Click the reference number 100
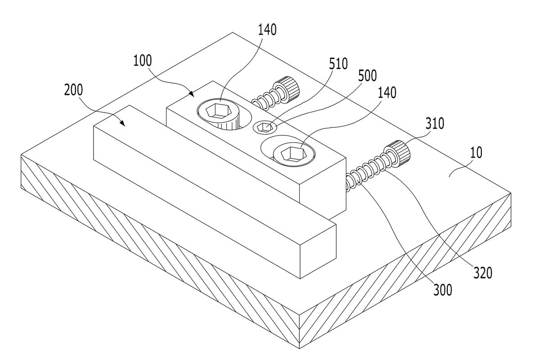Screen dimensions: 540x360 pyautogui.click(x=143, y=61)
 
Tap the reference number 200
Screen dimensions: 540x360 pyautogui.click(x=73, y=90)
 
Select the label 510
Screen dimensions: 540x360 pyautogui.click(x=338, y=64)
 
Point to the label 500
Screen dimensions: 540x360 pyautogui.click(x=367, y=76)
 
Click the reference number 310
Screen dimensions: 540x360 pyautogui.click(x=435, y=124)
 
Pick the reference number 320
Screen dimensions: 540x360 pyautogui.click(x=483, y=273)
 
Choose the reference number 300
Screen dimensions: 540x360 pyautogui.click(x=443, y=290)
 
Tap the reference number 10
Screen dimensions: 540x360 pyautogui.click(x=476, y=153)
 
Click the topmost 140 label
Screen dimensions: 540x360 pyautogui.click(x=267, y=30)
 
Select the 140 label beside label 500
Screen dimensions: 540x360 pyautogui.click(x=387, y=93)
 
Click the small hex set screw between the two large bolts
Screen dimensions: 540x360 pyautogui.click(x=265, y=127)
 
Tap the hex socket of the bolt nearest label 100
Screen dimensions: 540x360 pyautogui.click(x=219, y=111)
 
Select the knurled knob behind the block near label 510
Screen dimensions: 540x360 pyautogui.click(x=288, y=89)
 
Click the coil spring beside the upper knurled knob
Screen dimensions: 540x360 pyautogui.click(x=265, y=99)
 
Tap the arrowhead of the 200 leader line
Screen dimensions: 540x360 pyautogui.click(x=122, y=123)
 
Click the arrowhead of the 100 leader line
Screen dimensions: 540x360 pyautogui.click(x=191, y=94)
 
